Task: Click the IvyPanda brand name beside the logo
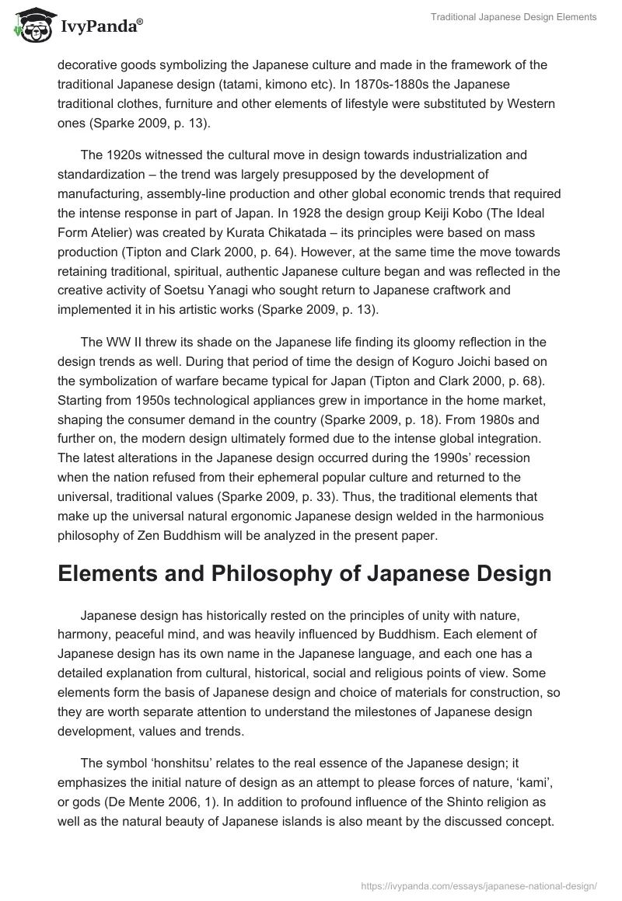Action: (x=101, y=27)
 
